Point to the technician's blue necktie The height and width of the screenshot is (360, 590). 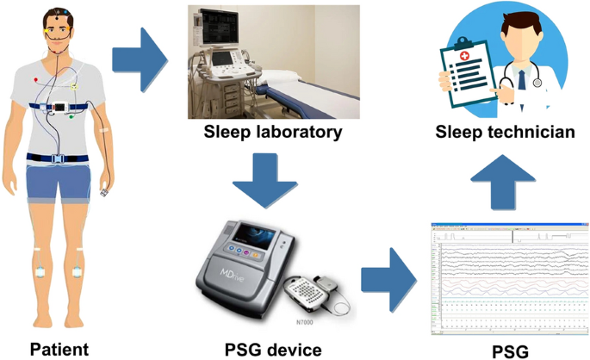pyautogui.click(x=522, y=81)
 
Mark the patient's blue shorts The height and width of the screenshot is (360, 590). pyautogui.click(x=59, y=182)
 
